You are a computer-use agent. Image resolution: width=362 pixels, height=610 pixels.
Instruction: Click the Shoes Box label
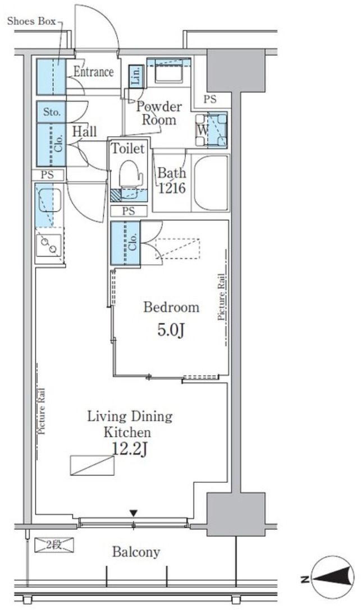coord(31,21)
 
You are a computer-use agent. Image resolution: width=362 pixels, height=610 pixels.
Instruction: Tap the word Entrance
coord(93,72)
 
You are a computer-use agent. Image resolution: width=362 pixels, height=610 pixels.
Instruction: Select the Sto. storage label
coord(52,113)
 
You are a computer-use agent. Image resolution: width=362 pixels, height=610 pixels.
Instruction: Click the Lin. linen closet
coord(136,76)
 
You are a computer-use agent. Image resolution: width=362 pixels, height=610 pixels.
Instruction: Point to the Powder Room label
coord(159,113)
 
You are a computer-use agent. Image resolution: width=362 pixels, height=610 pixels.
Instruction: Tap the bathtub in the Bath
coord(212,183)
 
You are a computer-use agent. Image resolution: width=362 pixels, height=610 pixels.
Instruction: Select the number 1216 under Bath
coord(172,188)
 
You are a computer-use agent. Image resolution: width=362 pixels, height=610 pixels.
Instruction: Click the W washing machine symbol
coord(211,130)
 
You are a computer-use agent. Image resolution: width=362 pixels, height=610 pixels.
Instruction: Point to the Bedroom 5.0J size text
coord(171,330)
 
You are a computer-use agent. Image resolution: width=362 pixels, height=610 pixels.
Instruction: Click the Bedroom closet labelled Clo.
coord(125,243)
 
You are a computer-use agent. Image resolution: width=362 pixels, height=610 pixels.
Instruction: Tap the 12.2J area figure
coord(129,449)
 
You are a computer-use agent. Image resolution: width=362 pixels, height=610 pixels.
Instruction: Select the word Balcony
coord(136,552)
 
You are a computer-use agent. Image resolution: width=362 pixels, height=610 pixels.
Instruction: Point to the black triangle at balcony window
coord(134,514)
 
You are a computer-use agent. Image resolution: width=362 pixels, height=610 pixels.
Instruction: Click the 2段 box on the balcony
coord(54,544)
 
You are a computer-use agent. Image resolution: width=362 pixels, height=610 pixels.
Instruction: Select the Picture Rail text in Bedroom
coord(221,297)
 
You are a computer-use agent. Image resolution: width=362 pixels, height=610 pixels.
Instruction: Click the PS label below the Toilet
coord(129,211)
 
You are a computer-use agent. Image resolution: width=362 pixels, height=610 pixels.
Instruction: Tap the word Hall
coord(84,132)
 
